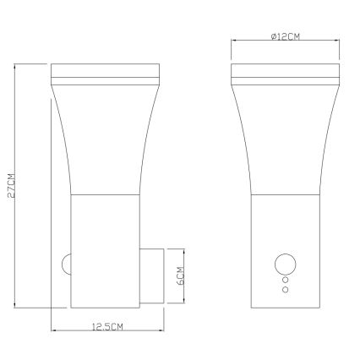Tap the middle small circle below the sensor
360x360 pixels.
click(x=284, y=279)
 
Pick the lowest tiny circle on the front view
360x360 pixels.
click(x=284, y=289)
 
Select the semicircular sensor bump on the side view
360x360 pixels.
click(x=65, y=264)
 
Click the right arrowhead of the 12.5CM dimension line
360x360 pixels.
click(x=159, y=332)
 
